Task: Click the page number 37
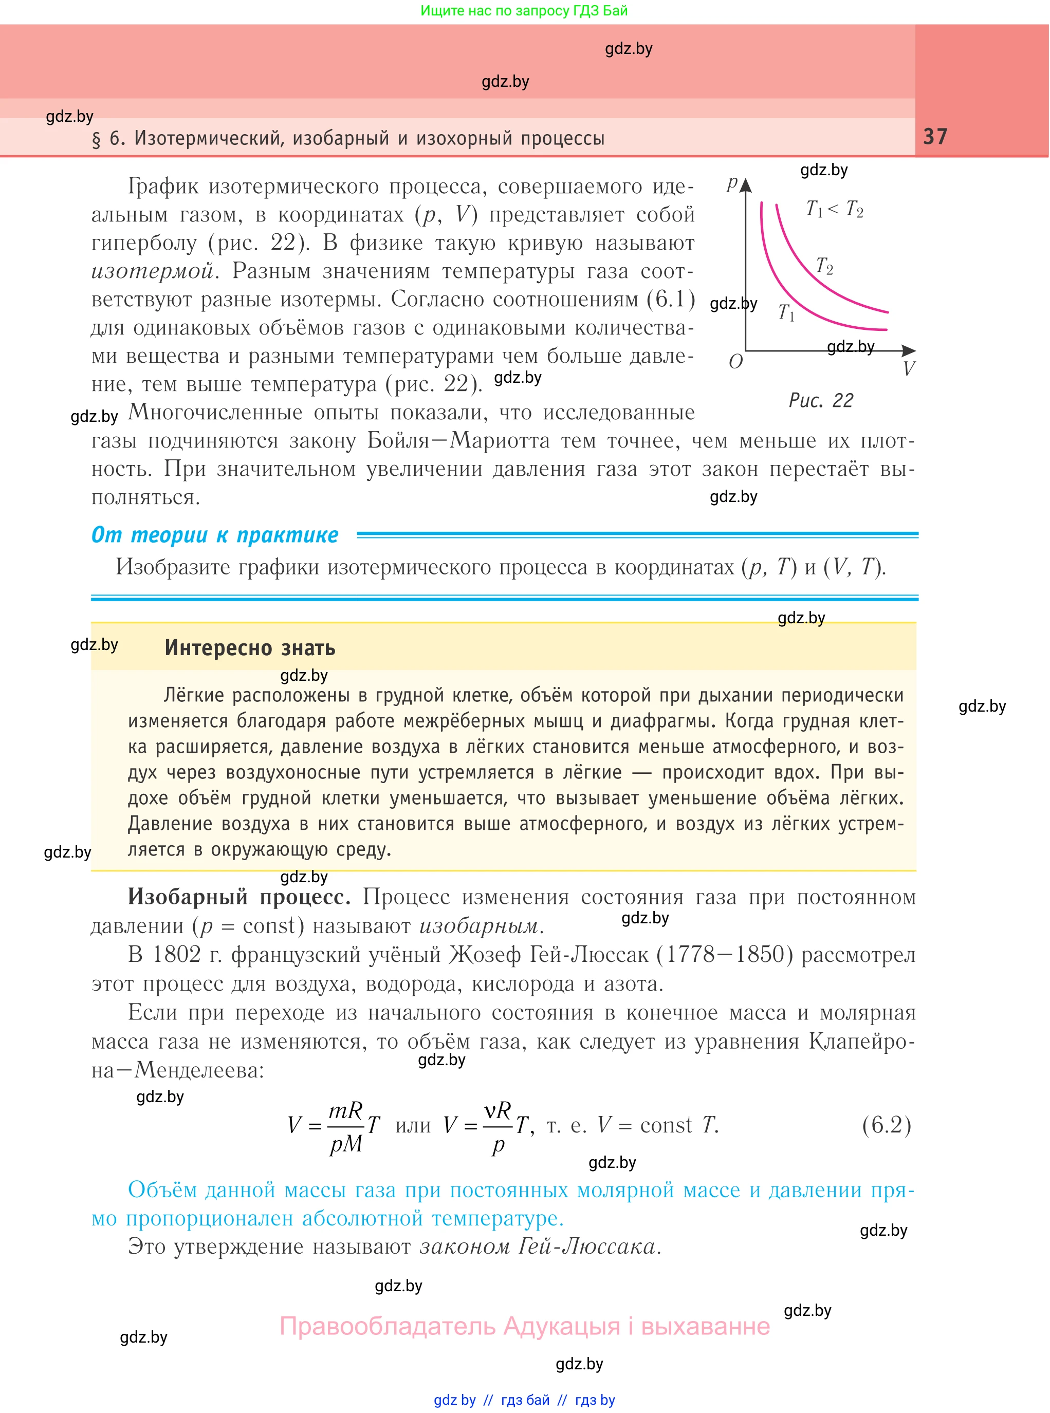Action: click(x=935, y=137)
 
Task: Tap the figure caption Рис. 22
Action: click(x=821, y=400)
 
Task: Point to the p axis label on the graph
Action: click(x=732, y=183)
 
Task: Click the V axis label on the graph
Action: click(x=909, y=368)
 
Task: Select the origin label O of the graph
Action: click(x=735, y=362)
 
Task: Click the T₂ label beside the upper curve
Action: click(x=824, y=266)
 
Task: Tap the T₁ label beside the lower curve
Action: click(x=786, y=312)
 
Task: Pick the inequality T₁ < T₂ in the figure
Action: click(x=835, y=209)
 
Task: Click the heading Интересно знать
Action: click(x=250, y=647)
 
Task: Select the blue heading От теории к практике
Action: click(x=215, y=535)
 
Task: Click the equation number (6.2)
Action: click(x=887, y=1125)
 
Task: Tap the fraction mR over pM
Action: click(x=346, y=1126)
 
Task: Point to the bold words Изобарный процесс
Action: click(x=239, y=897)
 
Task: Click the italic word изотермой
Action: click(x=153, y=271)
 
